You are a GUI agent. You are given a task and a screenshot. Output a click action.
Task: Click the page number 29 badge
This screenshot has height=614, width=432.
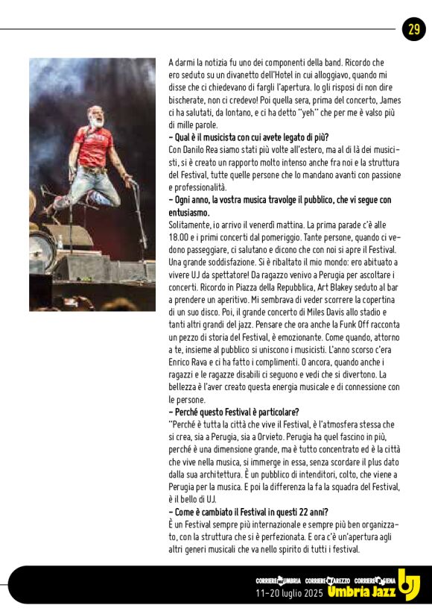[413, 29]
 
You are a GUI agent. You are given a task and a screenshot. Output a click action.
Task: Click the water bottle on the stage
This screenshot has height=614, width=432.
[60, 242]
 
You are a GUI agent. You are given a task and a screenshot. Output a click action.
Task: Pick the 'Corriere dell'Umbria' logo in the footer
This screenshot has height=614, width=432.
[277, 580]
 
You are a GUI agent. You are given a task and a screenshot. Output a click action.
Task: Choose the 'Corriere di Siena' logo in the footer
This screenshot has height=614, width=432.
[375, 580]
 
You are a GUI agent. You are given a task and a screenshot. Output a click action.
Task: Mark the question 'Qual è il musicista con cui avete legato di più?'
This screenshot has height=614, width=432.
[248, 137]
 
